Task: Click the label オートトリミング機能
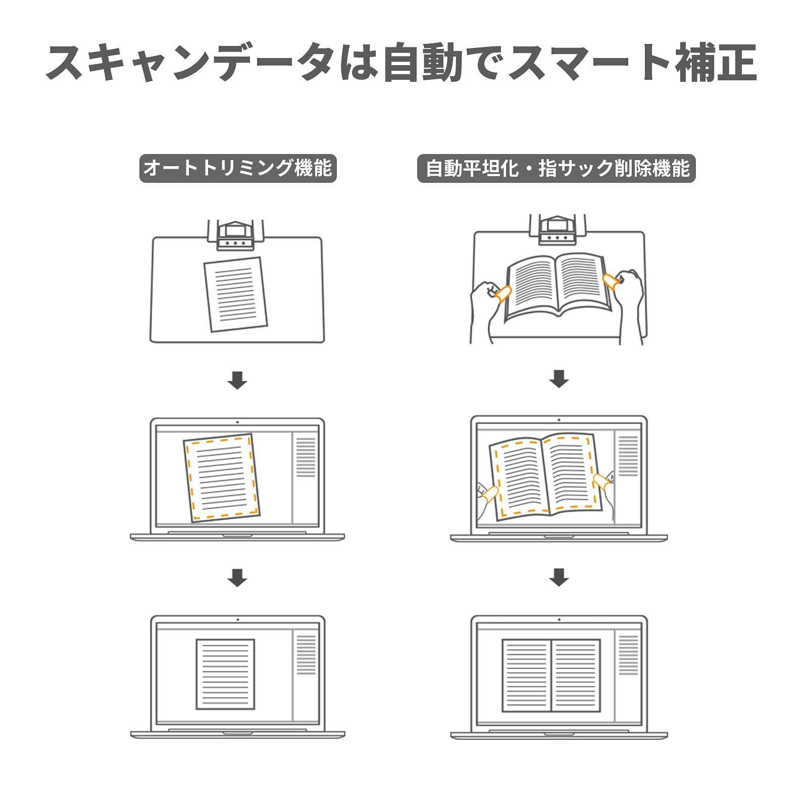point(237,168)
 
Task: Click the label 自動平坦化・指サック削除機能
point(557,168)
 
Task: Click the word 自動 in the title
point(423,63)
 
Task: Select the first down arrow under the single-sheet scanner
point(237,380)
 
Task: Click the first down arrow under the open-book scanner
point(559,379)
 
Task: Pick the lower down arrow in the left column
point(237,577)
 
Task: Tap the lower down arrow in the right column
point(559,577)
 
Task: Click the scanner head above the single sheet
point(236,235)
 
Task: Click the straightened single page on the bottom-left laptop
point(225,674)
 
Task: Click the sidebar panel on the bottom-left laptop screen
point(306,655)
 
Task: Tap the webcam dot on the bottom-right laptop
point(559,619)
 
